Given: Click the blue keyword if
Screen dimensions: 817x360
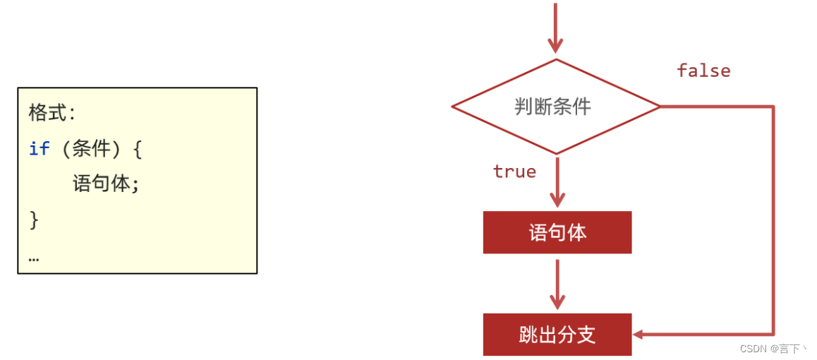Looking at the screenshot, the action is [39, 149].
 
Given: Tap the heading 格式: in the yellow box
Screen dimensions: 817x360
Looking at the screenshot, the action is [52, 113].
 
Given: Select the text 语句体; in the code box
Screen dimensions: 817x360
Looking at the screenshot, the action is [106, 184].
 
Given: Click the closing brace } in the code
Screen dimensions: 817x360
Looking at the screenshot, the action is [33, 220].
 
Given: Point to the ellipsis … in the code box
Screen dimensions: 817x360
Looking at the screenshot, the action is [33, 258].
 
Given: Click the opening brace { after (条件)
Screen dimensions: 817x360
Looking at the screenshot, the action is [136, 149].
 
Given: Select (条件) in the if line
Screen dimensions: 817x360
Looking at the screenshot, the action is [91, 149].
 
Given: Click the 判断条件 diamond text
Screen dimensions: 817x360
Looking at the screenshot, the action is [552, 107].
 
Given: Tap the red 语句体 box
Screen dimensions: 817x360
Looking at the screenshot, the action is [557, 232].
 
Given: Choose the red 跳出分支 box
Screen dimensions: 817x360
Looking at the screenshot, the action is [557, 335].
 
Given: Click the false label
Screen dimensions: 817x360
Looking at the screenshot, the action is [703, 71].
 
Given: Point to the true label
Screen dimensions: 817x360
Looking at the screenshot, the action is [514, 172].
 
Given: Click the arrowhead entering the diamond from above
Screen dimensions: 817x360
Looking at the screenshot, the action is [556, 46].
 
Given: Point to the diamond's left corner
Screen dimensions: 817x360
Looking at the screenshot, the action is [453, 107].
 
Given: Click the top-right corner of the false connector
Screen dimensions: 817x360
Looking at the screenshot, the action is [773, 107].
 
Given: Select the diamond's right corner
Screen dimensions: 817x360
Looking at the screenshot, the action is [659, 107].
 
